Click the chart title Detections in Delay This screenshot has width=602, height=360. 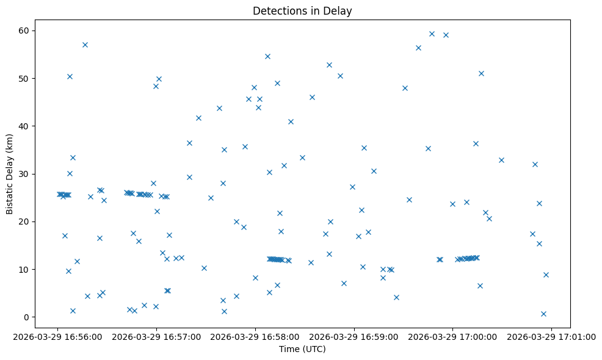[x=302, y=11]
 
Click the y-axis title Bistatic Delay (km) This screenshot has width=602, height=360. [x=10, y=173]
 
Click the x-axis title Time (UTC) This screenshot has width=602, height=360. [x=302, y=349]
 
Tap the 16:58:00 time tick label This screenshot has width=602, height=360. [x=255, y=336]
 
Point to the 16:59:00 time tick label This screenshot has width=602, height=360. [x=354, y=336]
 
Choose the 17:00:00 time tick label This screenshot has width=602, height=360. [x=452, y=336]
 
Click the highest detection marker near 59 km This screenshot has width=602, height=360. [x=432, y=34]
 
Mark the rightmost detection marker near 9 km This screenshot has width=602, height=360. [x=546, y=275]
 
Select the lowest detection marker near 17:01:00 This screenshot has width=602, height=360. [x=543, y=314]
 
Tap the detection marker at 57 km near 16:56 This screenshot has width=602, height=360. [x=85, y=45]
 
